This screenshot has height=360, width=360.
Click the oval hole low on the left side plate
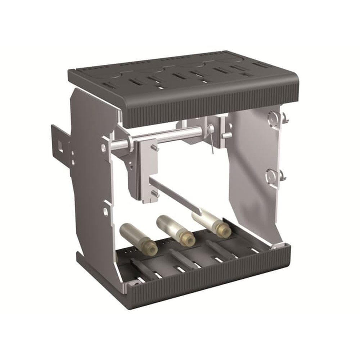click(106, 211)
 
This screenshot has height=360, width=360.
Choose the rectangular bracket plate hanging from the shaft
click(148, 169)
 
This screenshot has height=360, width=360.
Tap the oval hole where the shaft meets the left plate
click(104, 147)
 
